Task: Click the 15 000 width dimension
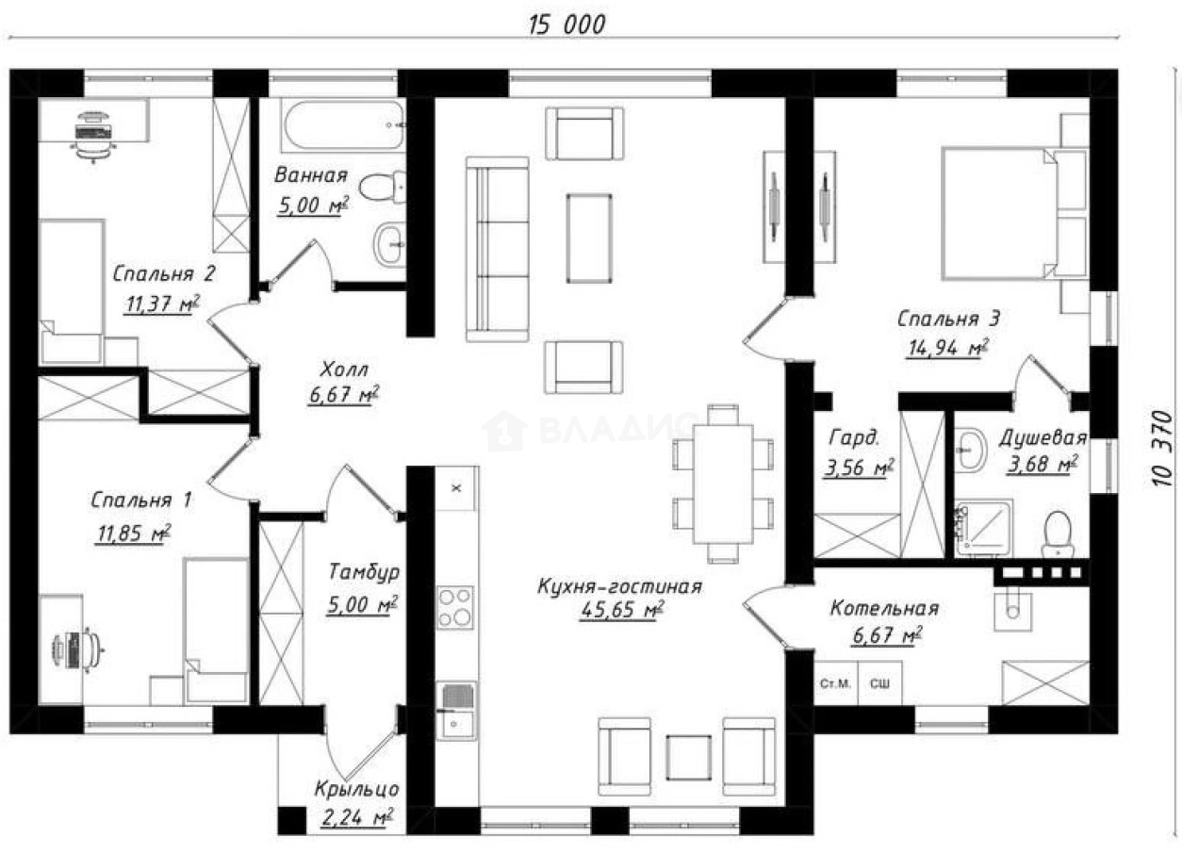(x=567, y=25)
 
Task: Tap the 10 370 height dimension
(x=1162, y=448)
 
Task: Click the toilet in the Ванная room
(x=383, y=187)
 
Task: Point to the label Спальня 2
(x=164, y=274)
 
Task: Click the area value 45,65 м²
(x=621, y=610)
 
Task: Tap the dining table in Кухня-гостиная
(x=723, y=484)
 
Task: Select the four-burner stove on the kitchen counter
(x=455, y=608)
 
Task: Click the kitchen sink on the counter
(x=457, y=711)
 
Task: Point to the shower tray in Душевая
(x=984, y=528)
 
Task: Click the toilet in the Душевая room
(x=1058, y=534)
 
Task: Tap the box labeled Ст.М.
(x=836, y=683)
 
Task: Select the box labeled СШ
(x=879, y=683)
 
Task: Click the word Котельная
(x=885, y=609)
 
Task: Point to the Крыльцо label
(x=356, y=790)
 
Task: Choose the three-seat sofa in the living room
(x=497, y=249)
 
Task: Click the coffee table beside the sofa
(x=589, y=238)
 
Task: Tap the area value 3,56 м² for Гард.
(x=859, y=468)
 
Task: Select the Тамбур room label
(x=364, y=571)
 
